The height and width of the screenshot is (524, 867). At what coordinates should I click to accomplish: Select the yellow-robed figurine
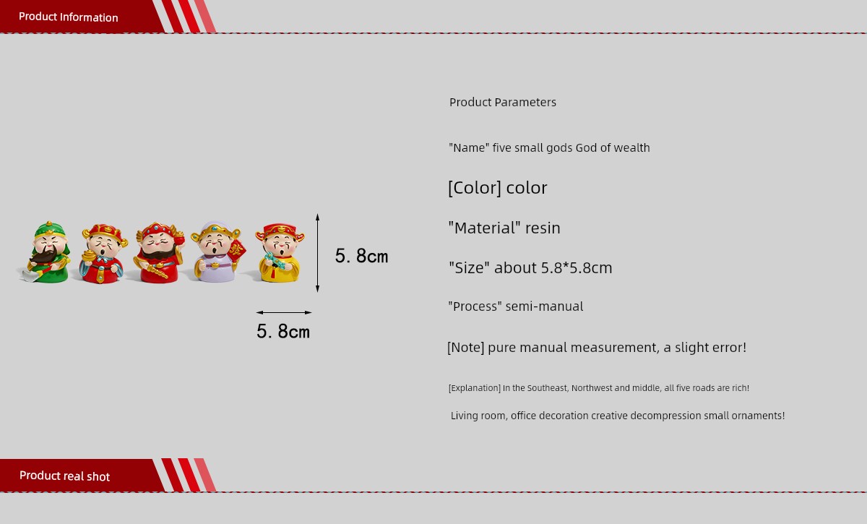pos(280,252)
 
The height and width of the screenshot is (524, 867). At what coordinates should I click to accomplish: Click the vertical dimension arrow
pos(317,252)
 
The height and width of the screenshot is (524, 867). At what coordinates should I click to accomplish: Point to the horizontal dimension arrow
pos(284,312)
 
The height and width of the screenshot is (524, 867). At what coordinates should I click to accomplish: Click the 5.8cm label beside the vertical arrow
pos(361,256)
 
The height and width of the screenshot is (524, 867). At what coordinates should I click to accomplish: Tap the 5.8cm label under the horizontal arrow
pos(283,332)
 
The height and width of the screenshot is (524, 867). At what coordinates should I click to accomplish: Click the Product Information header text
pos(69,17)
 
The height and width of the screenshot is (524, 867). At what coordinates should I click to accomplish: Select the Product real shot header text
pos(64,476)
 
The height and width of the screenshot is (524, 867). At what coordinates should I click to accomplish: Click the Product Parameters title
pos(503,102)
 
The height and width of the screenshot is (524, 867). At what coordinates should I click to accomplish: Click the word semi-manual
pos(544,306)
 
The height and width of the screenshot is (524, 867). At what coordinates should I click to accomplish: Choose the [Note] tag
pos(465,348)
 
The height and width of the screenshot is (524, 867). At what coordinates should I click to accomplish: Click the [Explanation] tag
pos(475,388)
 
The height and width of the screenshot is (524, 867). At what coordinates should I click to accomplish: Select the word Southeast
pos(548,388)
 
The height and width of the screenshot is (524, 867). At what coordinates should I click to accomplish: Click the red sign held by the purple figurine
pos(236,250)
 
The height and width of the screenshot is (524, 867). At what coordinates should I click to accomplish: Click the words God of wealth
pos(613,147)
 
